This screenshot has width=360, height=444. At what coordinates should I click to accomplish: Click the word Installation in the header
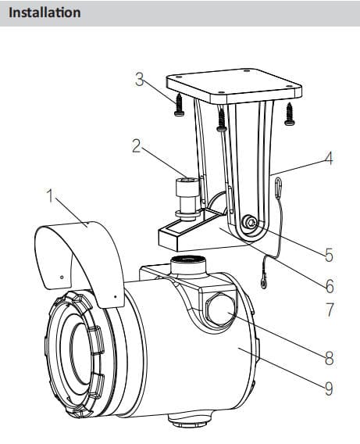coord(45,13)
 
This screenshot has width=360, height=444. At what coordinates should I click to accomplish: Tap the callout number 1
coord(50,196)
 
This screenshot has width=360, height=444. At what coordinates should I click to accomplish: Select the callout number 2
coord(137,146)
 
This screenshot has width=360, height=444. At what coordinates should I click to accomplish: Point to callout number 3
coord(139,80)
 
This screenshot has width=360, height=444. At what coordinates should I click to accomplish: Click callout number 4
coord(329,159)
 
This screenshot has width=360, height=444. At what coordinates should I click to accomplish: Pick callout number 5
coord(330,255)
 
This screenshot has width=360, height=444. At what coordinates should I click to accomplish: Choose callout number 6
coord(330,286)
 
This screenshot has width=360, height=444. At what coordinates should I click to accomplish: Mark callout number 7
coord(330,310)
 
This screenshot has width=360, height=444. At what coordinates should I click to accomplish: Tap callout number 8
coord(330,358)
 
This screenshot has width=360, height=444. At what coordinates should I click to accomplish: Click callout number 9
coord(329,388)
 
